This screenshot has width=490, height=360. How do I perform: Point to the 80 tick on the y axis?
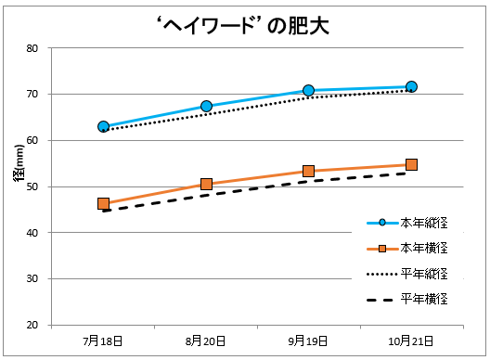(x=32, y=48)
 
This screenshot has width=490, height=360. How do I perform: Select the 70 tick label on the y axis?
(x=32, y=95)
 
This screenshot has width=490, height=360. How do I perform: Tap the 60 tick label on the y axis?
(x=32, y=141)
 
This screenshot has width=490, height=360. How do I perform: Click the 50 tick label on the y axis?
(x=32, y=186)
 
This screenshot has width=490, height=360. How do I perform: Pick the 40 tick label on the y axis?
(x=32, y=233)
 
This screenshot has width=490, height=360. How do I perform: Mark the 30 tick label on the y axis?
(x=32, y=279)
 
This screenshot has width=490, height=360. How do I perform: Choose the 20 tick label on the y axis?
(x=32, y=326)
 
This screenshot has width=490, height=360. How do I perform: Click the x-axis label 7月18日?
(x=103, y=341)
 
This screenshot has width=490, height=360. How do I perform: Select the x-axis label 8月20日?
(x=206, y=341)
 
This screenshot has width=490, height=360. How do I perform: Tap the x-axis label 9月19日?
(x=308, y=341)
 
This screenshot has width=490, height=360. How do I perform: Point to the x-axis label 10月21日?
(x=411, y=341)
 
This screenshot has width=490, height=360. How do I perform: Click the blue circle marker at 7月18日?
(x=103, y=126)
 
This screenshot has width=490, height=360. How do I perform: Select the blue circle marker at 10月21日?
(x=411, y=87)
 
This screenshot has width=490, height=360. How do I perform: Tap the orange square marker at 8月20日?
(x=206, y=185)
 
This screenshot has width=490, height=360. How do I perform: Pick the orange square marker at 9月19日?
(x=308, y=172)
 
